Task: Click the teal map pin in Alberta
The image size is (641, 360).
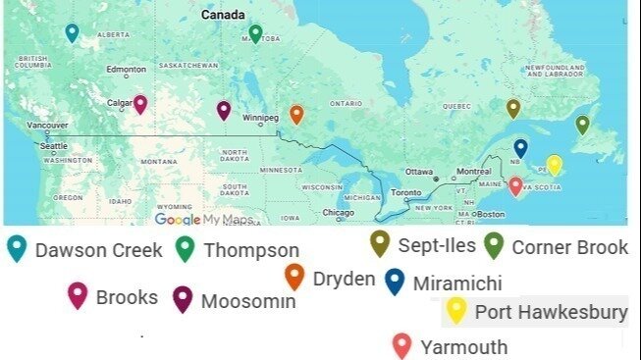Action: click(x=72, y=32)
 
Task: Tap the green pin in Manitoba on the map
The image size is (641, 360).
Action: click(x=255, y=33)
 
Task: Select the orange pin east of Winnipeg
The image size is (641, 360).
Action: click(x=296, y=114)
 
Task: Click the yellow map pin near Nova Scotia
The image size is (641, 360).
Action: click(x=554, y=164)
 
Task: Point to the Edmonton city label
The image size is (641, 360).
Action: click(x=126, y=70)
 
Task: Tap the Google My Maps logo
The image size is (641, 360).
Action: click(x=203, y=220)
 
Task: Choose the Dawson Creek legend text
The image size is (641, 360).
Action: click(x=98, y=250)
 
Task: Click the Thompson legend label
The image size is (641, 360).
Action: click(x=251, y=250)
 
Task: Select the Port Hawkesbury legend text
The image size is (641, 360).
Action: click(x=551, y=313)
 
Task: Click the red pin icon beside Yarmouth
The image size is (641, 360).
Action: click(x=401, y=345)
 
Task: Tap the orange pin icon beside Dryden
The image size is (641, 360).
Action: click(x=294, y=278)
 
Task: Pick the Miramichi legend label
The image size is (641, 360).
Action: click(x=456, y=283)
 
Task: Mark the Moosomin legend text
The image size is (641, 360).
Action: click(x=247, y=301)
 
